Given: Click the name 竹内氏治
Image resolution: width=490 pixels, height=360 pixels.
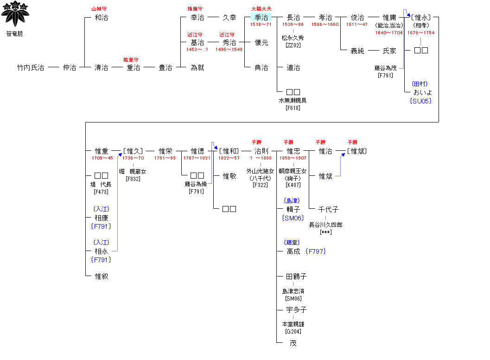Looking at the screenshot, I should coord(31,68).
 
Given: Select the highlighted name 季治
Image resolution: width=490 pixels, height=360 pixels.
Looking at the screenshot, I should coord(261,18).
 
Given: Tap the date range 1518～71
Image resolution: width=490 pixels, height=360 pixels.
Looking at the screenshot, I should coord(261,25).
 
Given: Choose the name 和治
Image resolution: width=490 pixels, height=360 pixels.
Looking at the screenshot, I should coord(101,18).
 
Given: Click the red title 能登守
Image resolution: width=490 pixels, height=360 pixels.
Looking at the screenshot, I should coord(131,60).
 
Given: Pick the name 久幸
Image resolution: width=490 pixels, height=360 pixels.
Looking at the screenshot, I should coord(229,18).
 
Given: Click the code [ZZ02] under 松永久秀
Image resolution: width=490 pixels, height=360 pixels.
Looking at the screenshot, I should coord(293,45).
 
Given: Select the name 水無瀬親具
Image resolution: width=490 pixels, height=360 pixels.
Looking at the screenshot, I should coord(293,101).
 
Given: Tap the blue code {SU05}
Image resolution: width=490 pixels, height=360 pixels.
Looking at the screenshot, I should coord(420,101).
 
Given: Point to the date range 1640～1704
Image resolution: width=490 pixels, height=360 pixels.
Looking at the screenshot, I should coord(389,33).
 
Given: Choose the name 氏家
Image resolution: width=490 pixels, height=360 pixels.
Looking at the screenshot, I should coord(389,51).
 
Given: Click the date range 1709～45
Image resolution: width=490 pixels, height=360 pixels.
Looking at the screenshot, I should coord(102,158).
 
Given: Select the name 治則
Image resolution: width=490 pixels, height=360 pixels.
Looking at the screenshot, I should coord(261,151).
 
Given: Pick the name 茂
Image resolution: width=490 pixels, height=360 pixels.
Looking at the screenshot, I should coord(293,343).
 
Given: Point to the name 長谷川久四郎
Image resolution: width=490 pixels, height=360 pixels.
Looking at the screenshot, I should coord(325,225).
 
